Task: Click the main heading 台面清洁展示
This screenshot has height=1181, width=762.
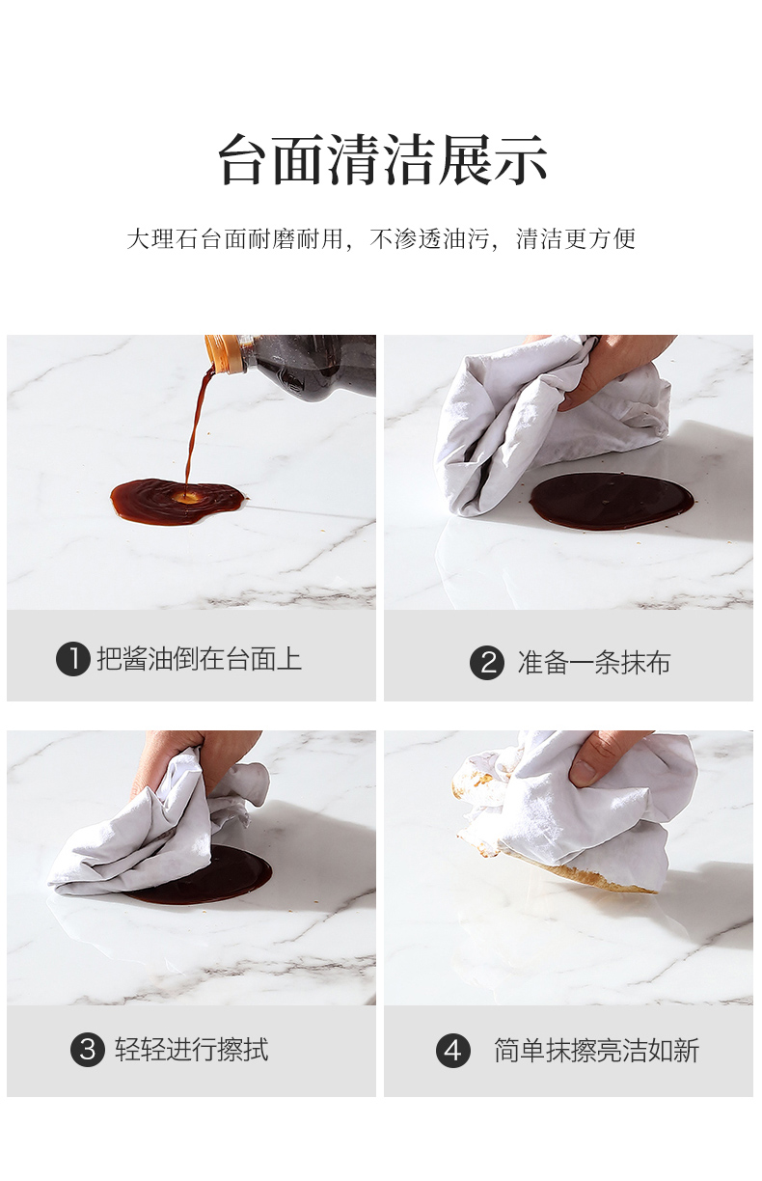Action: tap(383, 158)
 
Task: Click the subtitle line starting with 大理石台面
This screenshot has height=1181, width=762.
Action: tap(381, 239)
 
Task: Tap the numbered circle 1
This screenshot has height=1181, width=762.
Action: tap(73, 659)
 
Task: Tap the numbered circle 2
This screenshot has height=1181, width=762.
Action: tap(487, 662)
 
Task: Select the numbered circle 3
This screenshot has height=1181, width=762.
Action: tap(88, 1049)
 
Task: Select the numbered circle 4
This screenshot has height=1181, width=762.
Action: tap(452, 1051)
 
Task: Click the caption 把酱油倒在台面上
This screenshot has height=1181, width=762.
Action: tap(199, 659)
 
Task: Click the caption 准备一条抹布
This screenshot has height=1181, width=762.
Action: tap(594, 662)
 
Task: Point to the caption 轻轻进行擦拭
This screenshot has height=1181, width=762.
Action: tap(192, 1049)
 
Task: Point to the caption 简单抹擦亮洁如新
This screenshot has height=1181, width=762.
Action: tap(596, 1051)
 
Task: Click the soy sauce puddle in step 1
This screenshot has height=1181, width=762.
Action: tap(178, 501)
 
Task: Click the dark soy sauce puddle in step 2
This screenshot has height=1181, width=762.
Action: tap(612, 501)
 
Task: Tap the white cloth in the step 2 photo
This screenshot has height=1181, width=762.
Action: tap(548, 422)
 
